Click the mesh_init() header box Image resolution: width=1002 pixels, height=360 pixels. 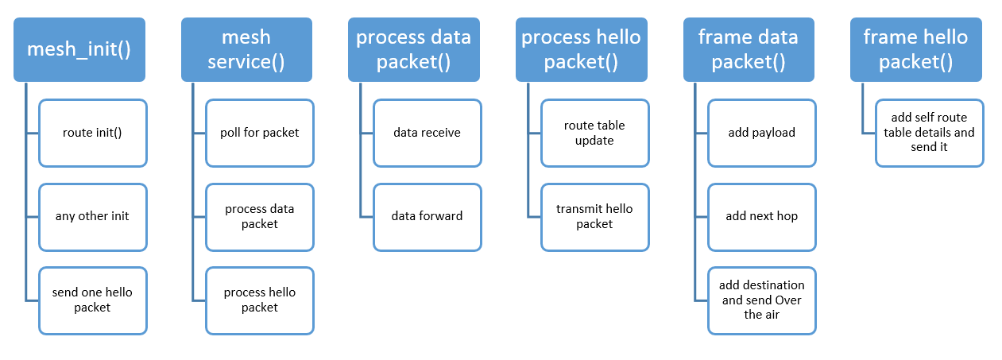tap(79, 49)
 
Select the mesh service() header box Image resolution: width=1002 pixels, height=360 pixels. tap(246, 49)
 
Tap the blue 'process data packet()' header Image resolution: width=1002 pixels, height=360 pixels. tap(414, 49)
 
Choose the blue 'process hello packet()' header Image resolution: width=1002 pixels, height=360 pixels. tap(582, 49)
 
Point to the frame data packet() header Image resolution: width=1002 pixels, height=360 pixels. tap(749, 49)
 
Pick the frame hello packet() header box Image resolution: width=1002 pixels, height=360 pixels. tap(916, 49)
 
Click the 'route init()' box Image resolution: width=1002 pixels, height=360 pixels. tap(93, 134)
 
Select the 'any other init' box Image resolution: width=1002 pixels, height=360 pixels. tap(93, 217)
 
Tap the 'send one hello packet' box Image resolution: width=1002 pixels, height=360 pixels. tap(93, 300)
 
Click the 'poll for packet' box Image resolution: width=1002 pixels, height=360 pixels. tap(260, 134)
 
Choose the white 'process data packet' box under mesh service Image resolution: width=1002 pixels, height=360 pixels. tap(260, 217)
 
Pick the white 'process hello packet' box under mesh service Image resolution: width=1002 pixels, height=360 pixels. tap(260, 300)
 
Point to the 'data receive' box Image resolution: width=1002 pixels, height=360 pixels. tap(427, 134)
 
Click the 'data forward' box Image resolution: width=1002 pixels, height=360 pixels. tap(427, 217)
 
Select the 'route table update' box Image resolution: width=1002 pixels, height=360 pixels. tap(595, 134)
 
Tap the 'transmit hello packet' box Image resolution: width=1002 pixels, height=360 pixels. tap(595, 217)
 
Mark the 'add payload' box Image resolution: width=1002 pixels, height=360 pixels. tap(762, 134)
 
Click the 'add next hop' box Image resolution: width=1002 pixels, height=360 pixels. tap(762, 217)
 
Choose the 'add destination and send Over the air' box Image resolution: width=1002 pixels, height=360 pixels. tap(762, 300)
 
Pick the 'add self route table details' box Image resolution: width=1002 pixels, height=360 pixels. tap(930, 134)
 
